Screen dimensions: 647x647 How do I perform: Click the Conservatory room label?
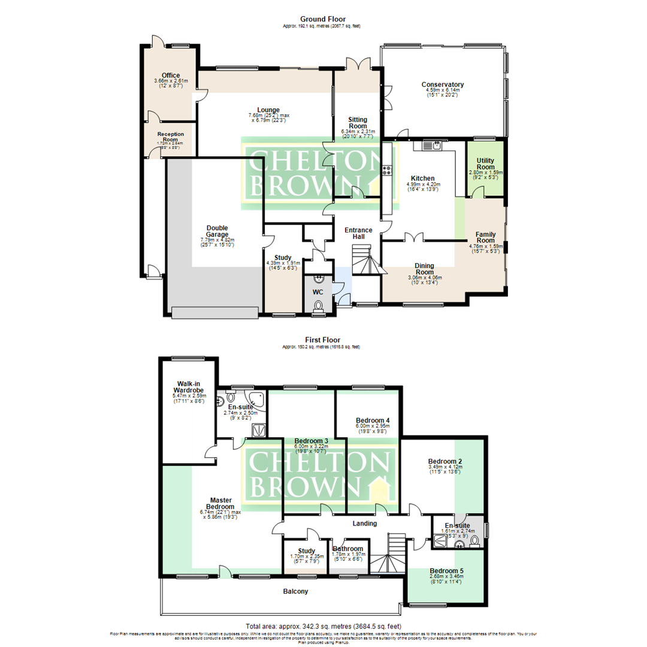tap(442, 84)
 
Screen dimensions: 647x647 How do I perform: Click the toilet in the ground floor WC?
tap(318, 306)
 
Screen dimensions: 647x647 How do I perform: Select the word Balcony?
tap(296, 592)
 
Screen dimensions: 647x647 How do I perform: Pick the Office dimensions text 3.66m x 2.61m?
tap(171, 81)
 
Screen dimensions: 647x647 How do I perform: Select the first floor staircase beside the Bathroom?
tap(388, 554)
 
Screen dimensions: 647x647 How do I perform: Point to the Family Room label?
tap(487, 234)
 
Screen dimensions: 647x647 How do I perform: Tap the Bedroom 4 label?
tap(373, 421)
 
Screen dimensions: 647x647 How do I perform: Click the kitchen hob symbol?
tap(388, 170)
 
